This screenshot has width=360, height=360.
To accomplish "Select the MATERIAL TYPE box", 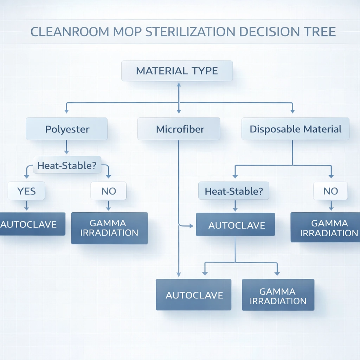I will click(x=177, y=71).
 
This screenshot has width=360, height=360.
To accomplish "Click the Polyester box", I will click(x=67, y=129).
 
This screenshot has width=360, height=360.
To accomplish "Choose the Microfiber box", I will click(x=179, y=129).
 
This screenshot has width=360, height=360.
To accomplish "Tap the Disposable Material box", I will click(x=295, y=129).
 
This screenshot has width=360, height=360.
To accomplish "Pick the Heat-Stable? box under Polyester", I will click(x=67, y=165).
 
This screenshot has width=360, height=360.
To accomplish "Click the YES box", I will click(x=26, y=191).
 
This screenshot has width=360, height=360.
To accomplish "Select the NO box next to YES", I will click(x=108, y=191).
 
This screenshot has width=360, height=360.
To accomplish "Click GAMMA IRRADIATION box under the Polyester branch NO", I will click(x=109, y=228).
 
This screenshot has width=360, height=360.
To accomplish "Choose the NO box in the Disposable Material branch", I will click(x=330, y=191).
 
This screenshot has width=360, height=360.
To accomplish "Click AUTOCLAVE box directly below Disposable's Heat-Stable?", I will click(x=235, y=225).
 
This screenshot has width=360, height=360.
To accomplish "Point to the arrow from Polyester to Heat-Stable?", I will click(x=67, y=147).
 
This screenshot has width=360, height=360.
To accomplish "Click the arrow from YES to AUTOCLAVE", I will click(x=26, y=206).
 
